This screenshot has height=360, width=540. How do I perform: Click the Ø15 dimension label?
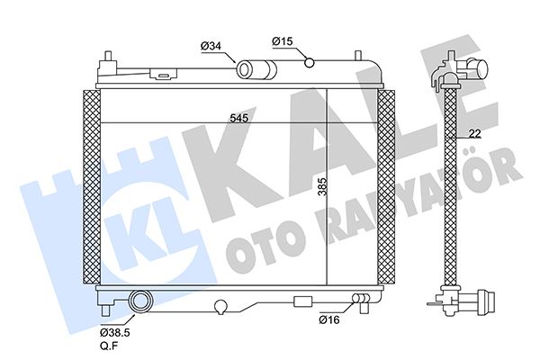(x=283, y=40)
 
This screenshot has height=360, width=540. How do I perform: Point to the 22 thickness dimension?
(x=473, y=134)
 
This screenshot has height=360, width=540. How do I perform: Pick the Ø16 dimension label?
(x=329, y=319)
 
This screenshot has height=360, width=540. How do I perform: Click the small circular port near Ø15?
(x=309, y=62)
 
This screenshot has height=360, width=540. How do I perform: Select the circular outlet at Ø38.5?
(x=140, y=301)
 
